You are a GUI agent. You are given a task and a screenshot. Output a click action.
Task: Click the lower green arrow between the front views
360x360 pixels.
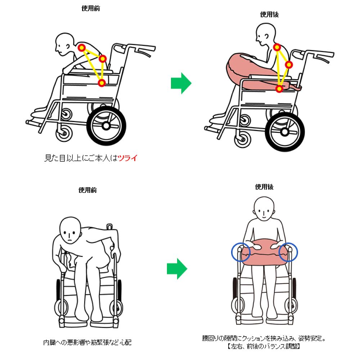(x=177, y=269)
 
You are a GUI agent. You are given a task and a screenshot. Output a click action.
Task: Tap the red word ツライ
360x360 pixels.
(x=128, y=158)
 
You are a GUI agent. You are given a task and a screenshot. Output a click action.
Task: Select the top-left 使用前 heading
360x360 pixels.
(x=91, y=9)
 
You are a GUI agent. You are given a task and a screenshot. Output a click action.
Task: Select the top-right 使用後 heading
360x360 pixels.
(x=269, y=14)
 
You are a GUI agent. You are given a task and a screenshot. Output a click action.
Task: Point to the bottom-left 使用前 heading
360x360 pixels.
(x=87, y=190)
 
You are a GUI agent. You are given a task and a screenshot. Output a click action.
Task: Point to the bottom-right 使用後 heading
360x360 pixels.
(x=264, y=187)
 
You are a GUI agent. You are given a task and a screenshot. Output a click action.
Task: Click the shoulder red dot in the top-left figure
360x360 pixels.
(x=82, y=48)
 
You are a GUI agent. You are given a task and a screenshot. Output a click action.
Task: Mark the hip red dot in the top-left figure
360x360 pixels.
(x=102, y=83)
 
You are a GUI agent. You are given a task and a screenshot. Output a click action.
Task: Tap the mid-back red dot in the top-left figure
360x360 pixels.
(x=103, y=59)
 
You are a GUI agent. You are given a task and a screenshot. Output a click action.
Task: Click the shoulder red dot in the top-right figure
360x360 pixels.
(x=277, y=48)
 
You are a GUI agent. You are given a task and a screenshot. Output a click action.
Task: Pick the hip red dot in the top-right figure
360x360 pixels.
(x=279, y=89)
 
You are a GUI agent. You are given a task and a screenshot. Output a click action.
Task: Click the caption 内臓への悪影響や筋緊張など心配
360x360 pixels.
(x=87, y=343)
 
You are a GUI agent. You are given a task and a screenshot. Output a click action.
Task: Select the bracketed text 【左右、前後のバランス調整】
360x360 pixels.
(x=264, y=346)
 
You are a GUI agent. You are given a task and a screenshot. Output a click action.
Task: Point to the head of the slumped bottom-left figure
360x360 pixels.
(x=70, y=230)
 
